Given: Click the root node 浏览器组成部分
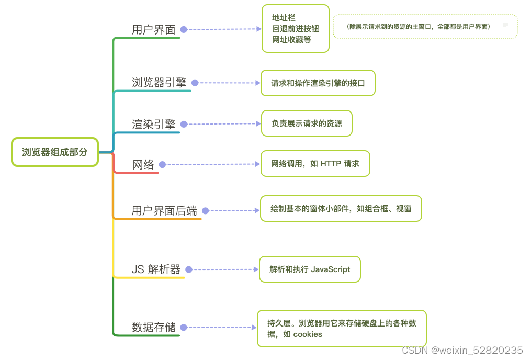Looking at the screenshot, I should pos(55,152).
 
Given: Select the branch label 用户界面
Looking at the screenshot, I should pos(154,30).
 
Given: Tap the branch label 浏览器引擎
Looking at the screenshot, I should pos(159,83).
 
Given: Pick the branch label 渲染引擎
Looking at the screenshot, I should pos(154,125).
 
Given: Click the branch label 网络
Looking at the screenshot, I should pos(143,165).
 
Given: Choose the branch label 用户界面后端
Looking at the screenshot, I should pos(164,211).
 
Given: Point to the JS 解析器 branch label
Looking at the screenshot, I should pos(156,269).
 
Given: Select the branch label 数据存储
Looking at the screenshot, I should pos(154,328).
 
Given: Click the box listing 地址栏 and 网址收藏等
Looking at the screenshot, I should pos(295,29).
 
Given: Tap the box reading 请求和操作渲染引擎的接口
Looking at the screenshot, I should pos(318,83).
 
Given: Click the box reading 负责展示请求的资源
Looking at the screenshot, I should pos(307,124).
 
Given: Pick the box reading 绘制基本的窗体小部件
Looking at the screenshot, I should pos(341,209).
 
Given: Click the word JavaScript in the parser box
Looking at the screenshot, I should pos(331,269).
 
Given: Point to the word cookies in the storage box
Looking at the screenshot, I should pos(308,334).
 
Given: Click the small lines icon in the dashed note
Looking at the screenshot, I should pos(505,25).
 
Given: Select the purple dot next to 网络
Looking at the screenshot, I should pos(162,165).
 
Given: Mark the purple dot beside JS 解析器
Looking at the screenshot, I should pos(189,269).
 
